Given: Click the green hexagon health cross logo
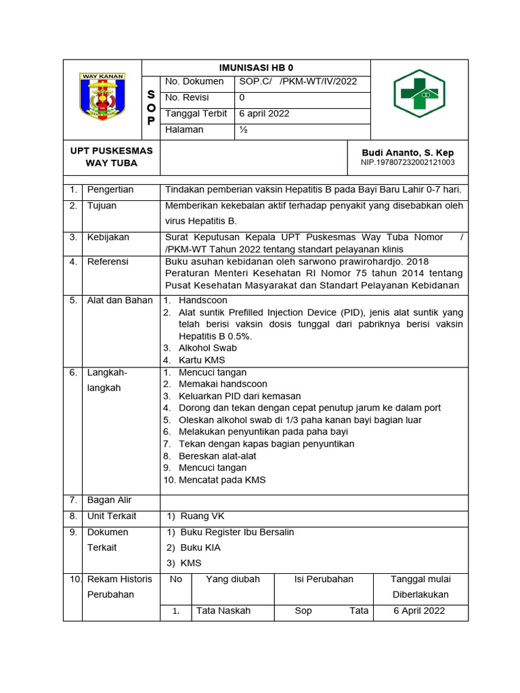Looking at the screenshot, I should tap(419, 93).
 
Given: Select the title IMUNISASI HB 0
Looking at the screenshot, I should tap(256, 68).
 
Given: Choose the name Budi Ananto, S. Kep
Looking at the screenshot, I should tap(408, 153).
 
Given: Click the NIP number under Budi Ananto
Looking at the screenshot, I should tap(408, 162).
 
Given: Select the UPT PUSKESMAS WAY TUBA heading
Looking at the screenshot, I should tap(112, 157).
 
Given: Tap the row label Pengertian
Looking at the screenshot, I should tap(110, 189).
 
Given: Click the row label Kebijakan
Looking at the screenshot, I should tap(108, 238).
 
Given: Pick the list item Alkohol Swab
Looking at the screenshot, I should tap(207, 349).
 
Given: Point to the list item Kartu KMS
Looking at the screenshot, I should tap(202, 360).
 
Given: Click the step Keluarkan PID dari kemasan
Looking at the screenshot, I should tap(240, 396).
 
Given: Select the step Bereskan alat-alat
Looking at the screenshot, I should tap(217, 456).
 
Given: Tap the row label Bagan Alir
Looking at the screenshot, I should tap(110, 500).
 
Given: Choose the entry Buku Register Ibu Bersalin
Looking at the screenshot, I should tap(237, 533).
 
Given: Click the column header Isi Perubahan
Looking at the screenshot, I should tap(324, 579).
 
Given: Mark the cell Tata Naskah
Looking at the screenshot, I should tap(223, 611).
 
